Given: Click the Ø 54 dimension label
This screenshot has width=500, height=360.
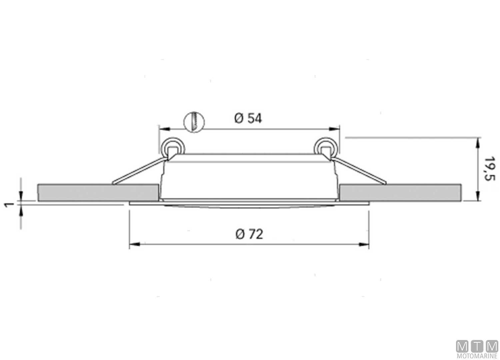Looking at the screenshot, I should click(x=248, y=118).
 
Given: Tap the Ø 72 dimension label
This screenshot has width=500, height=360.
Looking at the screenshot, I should click(x=249, y=234).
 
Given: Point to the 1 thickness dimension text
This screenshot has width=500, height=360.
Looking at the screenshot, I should click(x=10, y=204).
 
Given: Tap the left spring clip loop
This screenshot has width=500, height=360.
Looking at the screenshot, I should click(x=172, y=147).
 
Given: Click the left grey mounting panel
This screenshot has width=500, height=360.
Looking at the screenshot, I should click(x=98, y=193).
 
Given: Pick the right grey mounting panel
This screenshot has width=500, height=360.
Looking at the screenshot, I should click(x=400, y=193).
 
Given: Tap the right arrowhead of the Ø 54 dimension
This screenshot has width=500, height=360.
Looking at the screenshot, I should click(x=334, y=129).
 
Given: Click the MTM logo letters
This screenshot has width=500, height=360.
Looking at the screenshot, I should click(x=477, y=346).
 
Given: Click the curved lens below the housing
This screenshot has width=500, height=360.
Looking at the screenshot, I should click(x=249, y=205).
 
